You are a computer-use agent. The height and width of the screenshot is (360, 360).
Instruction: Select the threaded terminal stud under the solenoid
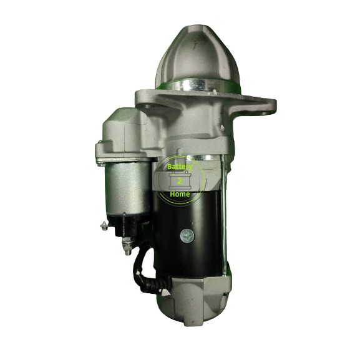click(127, 244)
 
